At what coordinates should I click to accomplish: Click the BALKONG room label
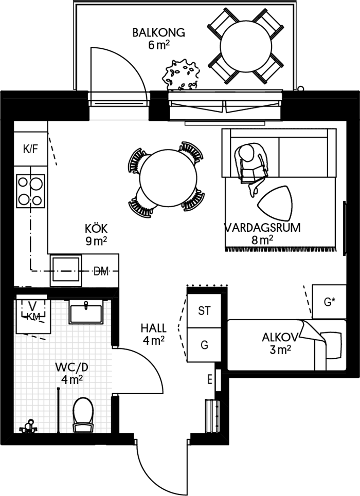click(158, 32)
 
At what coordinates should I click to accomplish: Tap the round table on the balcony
click(246, 46)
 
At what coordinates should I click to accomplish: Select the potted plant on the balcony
click(181, 75)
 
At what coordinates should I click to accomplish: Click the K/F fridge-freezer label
click(31, 149)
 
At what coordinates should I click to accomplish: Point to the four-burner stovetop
click(30, 191)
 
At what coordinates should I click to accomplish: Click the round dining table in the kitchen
click(168, 178)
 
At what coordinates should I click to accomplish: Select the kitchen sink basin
click(66, 270)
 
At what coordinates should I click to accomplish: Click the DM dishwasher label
click(101, 271)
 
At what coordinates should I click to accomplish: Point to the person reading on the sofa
click(250, 168)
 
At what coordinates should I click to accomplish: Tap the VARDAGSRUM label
click(262, 228)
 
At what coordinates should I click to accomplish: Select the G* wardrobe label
click(329, 302)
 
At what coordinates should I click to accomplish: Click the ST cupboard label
click(204, 311)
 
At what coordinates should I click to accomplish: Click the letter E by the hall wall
click(210, 380)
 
